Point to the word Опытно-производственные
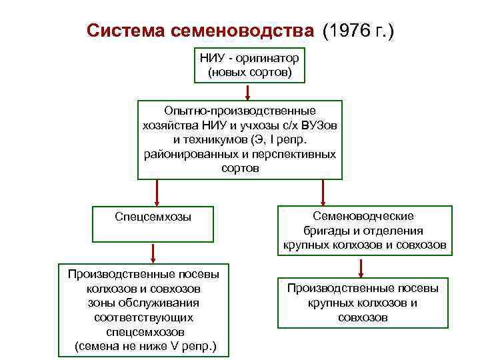(240, 110)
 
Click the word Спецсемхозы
(153, 217)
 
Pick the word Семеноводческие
(363, 216)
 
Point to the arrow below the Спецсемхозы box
(153, 253)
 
